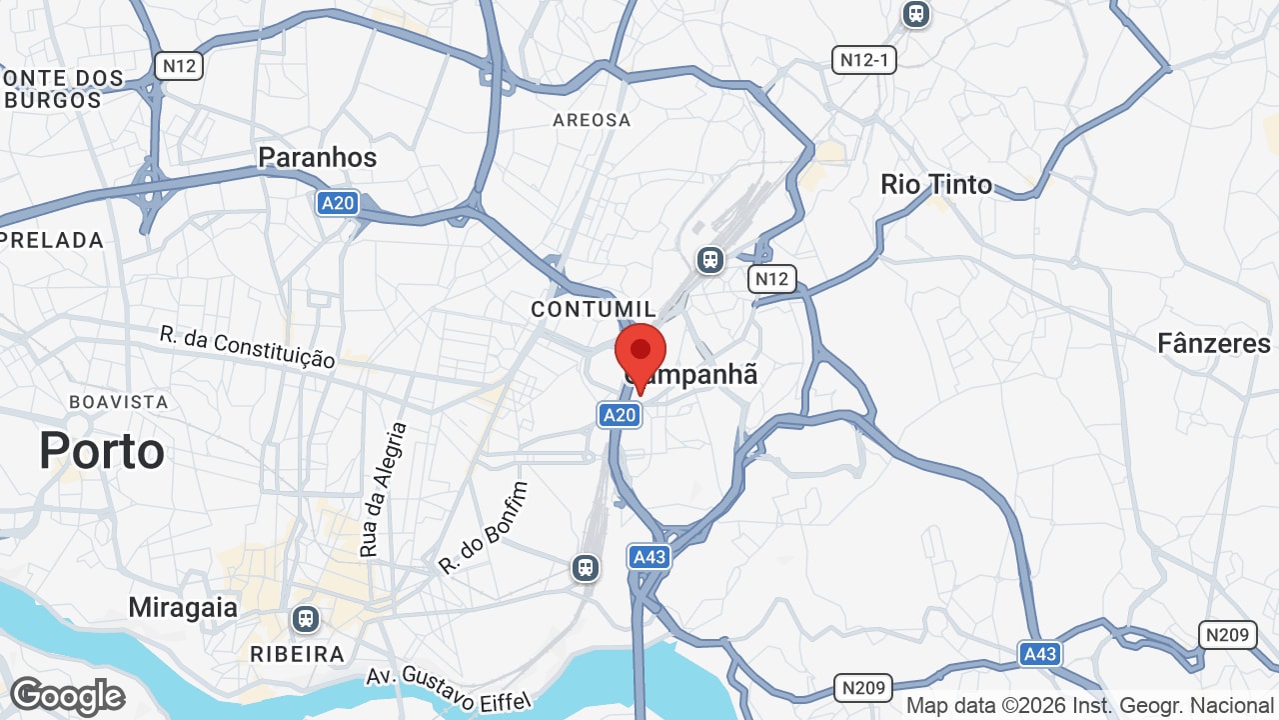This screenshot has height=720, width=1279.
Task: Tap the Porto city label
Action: (x=102, y=451)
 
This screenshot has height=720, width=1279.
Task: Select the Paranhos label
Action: (x=318, y=157)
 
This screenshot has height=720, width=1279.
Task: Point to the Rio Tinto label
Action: (x=936, y=184)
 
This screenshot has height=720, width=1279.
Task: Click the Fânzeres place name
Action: (x=1214, y=344)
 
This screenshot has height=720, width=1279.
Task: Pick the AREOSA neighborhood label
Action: (x=593, y=120)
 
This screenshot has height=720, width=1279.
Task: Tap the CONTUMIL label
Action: (x=595, y=309)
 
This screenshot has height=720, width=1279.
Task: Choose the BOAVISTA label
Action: (x=119, y=402)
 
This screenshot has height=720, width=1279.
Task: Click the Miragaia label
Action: (x=183, y=607)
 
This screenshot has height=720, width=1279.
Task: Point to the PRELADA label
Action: (x=52, y=240)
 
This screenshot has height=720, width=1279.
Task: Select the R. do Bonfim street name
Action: (x=483, y=527)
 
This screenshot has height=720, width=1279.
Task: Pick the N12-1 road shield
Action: (x=864, y=60)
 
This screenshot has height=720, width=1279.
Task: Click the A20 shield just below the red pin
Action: (x=620, y=414)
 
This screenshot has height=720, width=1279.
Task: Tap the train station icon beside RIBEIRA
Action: (x=306, y=619)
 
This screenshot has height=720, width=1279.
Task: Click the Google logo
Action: (x=68, y=696)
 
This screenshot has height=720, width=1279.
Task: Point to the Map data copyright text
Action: (x=1091, y=706)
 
